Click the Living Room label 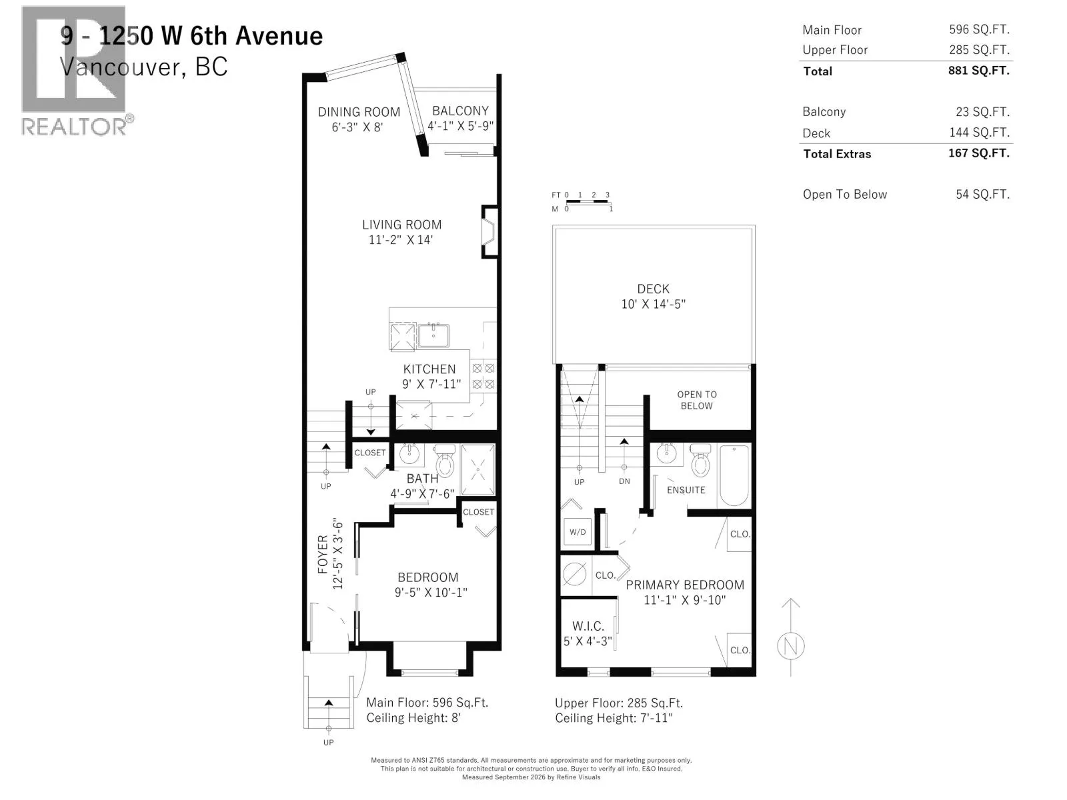tap(401, 225)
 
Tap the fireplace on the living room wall tap(489, 232)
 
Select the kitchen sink tap(433, 335)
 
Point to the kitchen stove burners tap(483, 376)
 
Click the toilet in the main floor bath tap(444, 461)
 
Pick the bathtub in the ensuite tap(734, 476)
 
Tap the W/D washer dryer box tap(578, 532)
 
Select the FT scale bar tap(587, 200)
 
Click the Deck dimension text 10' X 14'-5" tap(654, 304)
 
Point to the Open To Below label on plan tap(697, 400)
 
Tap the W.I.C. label tap(588, 626)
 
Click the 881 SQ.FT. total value tap(978, 71)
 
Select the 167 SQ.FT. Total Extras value tap(978, 153)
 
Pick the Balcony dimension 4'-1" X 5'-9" tap(460, 126)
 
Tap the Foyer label tap(323, 554)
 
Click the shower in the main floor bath tap(478, 470)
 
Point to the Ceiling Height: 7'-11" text tap(614, 718)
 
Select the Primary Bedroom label tap(685, 585)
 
